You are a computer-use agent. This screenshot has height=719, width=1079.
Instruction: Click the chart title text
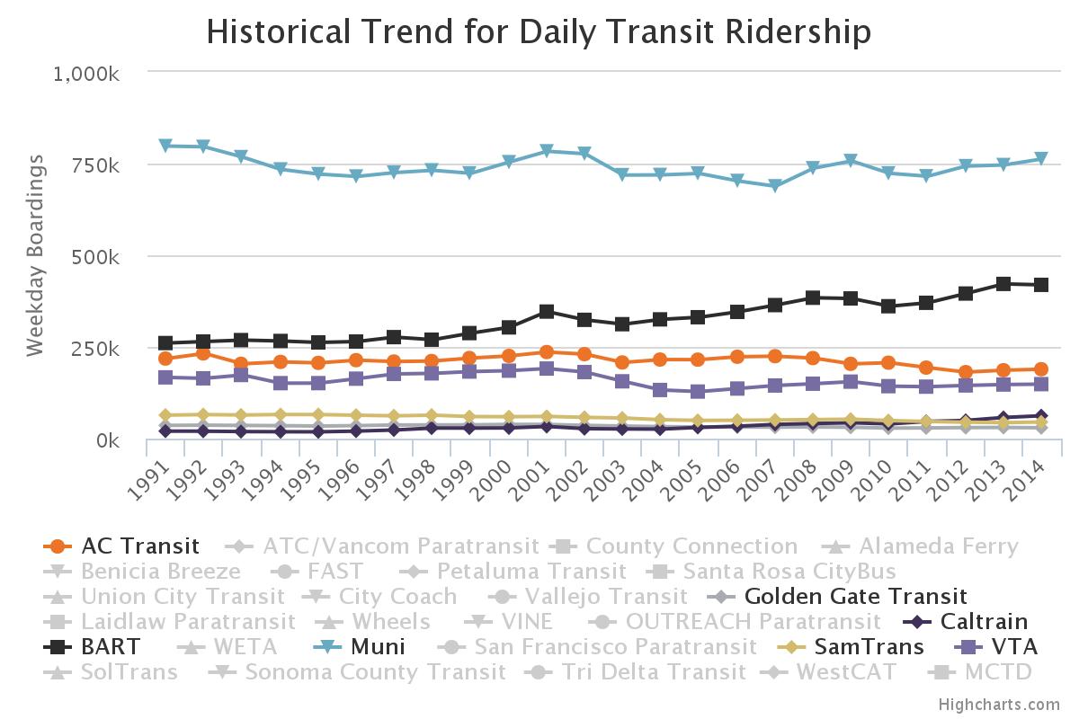click(539, 32)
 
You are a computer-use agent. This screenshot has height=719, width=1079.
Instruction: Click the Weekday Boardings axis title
click(35, 255)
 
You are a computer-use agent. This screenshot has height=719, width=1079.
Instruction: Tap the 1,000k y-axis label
click(87, 73)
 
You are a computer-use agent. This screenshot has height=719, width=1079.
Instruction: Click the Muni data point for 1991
click(165, 146)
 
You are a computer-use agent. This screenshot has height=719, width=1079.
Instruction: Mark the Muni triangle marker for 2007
click(774, 186)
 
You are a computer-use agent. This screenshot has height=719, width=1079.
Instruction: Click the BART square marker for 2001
click(546, 312)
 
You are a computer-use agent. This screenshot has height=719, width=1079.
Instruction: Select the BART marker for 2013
click(1003, 284)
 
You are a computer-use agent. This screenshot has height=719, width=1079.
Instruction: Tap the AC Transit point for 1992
click(203, 353)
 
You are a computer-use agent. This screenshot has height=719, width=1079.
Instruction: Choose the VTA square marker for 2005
click(698, 392)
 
